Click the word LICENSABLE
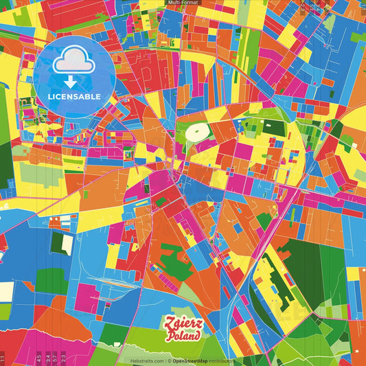(74, 96)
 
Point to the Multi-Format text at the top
(183, 3)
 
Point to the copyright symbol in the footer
(168, 361)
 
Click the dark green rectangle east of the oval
(274, 127)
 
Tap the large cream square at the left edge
(5, 292)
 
